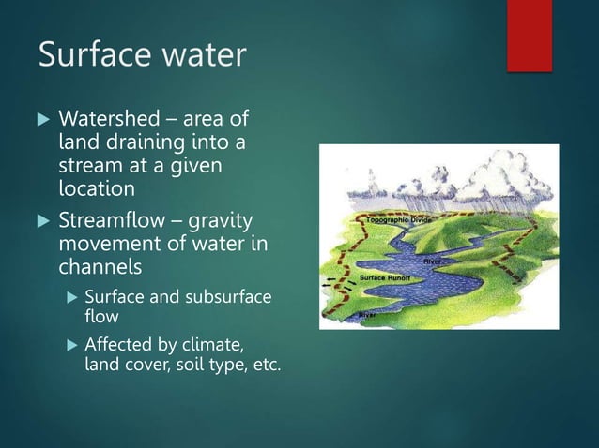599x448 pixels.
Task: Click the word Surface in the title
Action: click(91, 55)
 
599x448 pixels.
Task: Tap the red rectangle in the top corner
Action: click(529, 35)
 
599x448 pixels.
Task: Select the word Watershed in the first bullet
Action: click(106, 121)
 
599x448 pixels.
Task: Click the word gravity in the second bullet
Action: click(228, 222)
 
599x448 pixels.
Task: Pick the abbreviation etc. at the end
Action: click(266, 364)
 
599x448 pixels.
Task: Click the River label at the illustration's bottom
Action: click(370, 316)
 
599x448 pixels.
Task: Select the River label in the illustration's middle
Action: click(433, 260)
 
